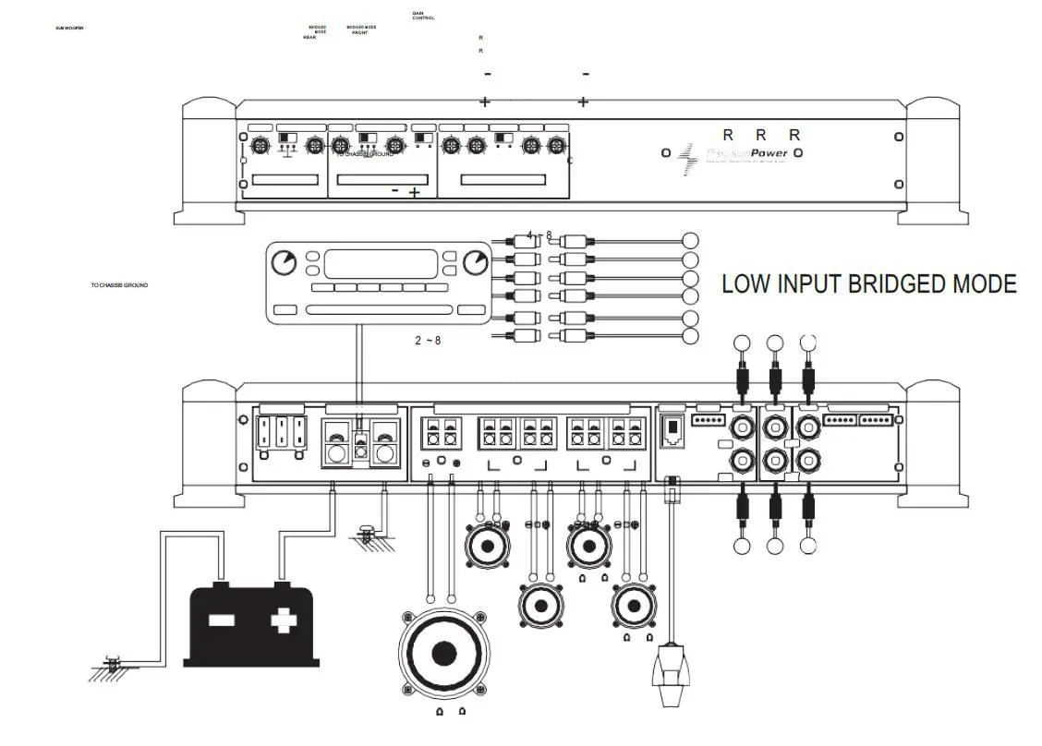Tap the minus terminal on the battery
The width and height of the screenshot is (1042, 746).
pyautogui.click(x=222, y=620)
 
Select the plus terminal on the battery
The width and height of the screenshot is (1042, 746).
pyautogui.click(x=281, y=620)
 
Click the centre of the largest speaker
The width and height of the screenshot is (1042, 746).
pyautogui.click(x=444, y=653)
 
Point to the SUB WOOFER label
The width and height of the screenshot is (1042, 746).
pyautogui.click(x=70, y=29)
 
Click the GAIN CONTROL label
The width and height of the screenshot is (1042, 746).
pyautogui.click(x=423, y=16)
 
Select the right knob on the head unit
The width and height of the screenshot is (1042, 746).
pyautogui.click(x=476, y=262)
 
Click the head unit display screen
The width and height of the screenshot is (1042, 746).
pyautogui.click(x=381, y=264)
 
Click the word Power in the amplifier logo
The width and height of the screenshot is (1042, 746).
pyautogui.click(x=769, y=153)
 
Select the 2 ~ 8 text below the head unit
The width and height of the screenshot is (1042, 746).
pyautogui.click(x=428, y=341)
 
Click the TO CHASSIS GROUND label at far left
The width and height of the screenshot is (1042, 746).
pyautogui.click(x=119, y=285)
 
